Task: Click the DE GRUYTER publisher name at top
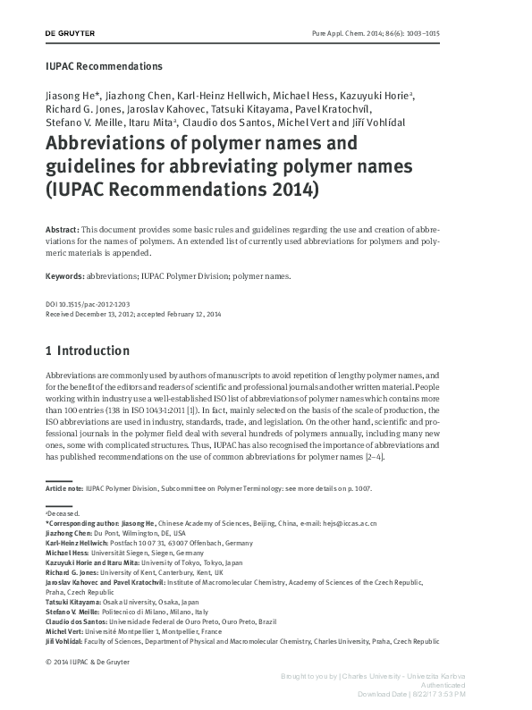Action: tap(70, 33)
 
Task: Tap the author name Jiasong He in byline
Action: tap(69, 95)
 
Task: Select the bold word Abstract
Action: tap(62, 230)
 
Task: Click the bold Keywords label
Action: tap(66, 276)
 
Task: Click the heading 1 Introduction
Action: tap(87, 351)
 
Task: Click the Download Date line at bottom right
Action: tap(410, 694)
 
